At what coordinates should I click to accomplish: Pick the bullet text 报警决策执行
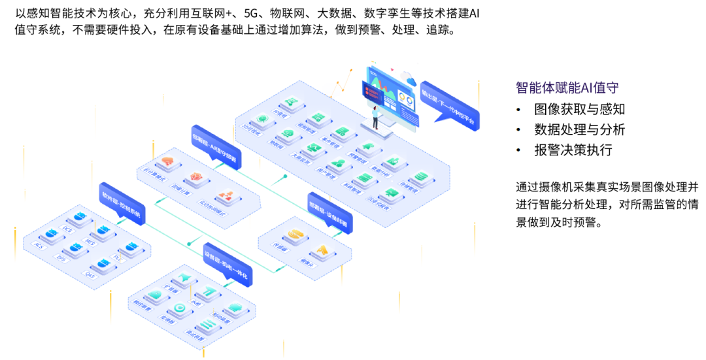tap(573, 150)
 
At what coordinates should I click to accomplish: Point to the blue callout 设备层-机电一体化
tap(227, 265)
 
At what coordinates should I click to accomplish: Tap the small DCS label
tap(66, 229)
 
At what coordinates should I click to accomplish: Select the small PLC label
tap(118, 259)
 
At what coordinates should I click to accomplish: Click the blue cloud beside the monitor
tap(411, 81)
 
